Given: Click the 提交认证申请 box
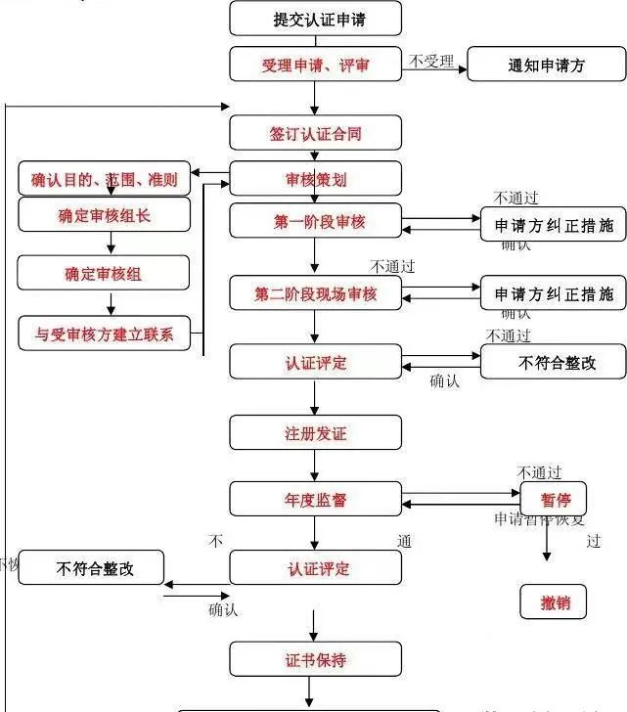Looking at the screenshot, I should pos(315,18).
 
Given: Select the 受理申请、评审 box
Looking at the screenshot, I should pos(315,65).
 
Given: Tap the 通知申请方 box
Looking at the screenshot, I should pos(546,65).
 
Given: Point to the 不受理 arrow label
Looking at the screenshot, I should pos(431,62).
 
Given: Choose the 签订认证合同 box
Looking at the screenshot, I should pos(315,132).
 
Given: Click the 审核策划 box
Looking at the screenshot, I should pos(315,179).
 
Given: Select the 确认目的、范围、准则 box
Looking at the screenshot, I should pos(104,179).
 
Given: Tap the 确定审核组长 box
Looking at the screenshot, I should pos(104,215).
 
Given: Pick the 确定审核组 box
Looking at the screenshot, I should pos(104,274).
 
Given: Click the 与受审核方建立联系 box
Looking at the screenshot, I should pos(104,334).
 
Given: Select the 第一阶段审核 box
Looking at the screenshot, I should pos(315,222).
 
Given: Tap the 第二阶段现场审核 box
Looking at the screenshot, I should pos(315,293).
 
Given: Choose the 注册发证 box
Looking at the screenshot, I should pos(315,431).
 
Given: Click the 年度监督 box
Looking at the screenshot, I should pos(315,499).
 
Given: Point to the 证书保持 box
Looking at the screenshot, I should pos(315,659).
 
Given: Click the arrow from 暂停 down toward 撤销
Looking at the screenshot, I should pos(547,545).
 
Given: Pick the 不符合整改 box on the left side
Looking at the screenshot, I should pos(91,568).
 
